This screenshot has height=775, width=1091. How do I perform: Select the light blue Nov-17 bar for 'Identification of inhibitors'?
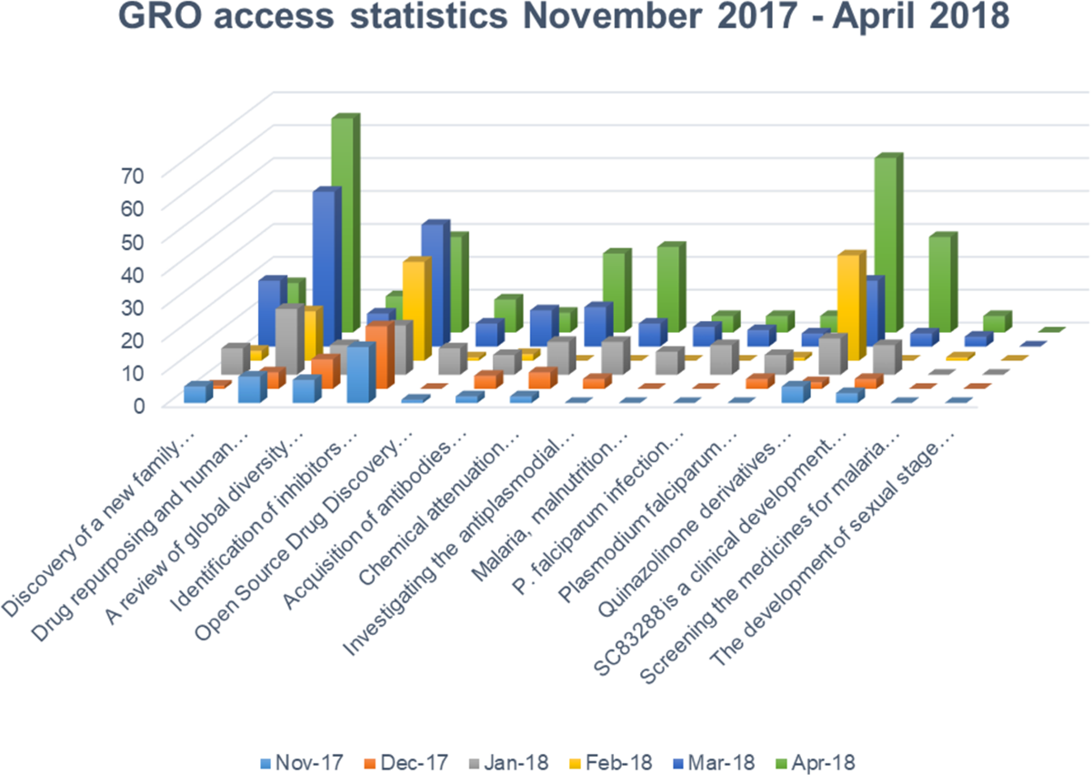pos(360,373)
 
